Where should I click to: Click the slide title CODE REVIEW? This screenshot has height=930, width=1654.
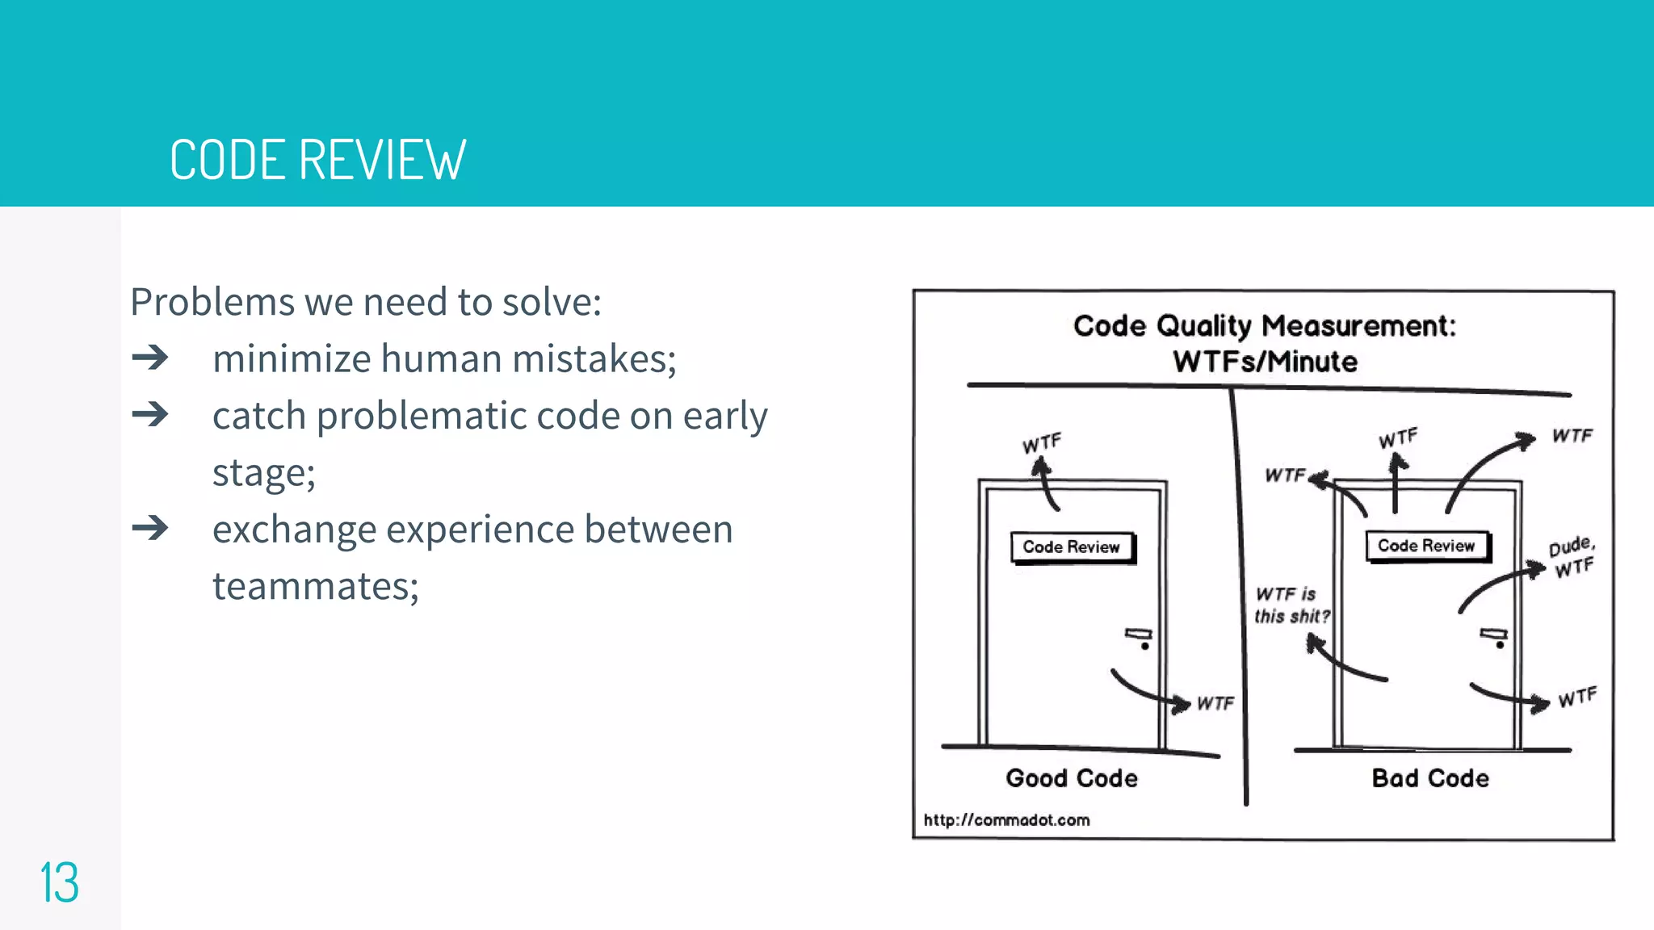tap(317, 160)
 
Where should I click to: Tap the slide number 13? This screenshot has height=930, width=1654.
tap(59, 882)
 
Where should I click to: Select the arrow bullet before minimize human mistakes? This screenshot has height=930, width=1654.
tap(150, 358)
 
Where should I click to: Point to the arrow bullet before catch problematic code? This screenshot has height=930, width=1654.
tap(150, 415)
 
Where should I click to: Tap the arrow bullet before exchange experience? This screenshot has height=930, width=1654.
tap(150, 529)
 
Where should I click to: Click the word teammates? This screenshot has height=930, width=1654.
tap(315, 586)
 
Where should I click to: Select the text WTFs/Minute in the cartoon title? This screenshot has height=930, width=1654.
tap(1265, 362)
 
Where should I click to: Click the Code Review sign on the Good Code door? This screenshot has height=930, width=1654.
tap(1072, 547)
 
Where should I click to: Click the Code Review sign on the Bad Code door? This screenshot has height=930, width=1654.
tap(1426, 546)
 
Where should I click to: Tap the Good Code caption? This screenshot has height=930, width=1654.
tap(1072, 778)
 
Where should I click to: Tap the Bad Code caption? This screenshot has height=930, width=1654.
tap(1430, 778)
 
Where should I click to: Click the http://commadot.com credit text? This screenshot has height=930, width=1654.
tap(1006, 820)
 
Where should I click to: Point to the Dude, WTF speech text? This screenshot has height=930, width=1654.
tap(1572, 557)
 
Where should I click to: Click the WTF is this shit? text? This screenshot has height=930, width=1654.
tap(1291, 605)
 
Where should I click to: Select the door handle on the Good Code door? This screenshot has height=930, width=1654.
tap(1140, 637)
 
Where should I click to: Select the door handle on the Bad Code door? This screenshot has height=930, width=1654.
tap(1494, 637)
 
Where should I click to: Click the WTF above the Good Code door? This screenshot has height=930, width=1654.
tap(1042, 443)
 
